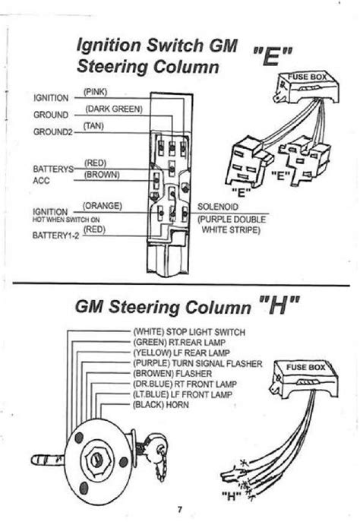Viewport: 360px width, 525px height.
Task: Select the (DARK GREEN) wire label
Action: coord(111,109)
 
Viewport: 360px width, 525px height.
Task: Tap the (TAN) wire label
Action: coord(94,125)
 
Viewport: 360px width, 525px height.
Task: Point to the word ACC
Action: coord(42,181)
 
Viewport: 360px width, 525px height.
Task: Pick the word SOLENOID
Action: coord(219,206)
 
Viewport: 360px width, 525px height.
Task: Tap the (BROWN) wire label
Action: coord(100,174)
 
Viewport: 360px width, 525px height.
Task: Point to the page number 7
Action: coord(181,510)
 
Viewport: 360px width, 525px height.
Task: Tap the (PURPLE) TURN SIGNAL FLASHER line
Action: coord(197,364)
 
